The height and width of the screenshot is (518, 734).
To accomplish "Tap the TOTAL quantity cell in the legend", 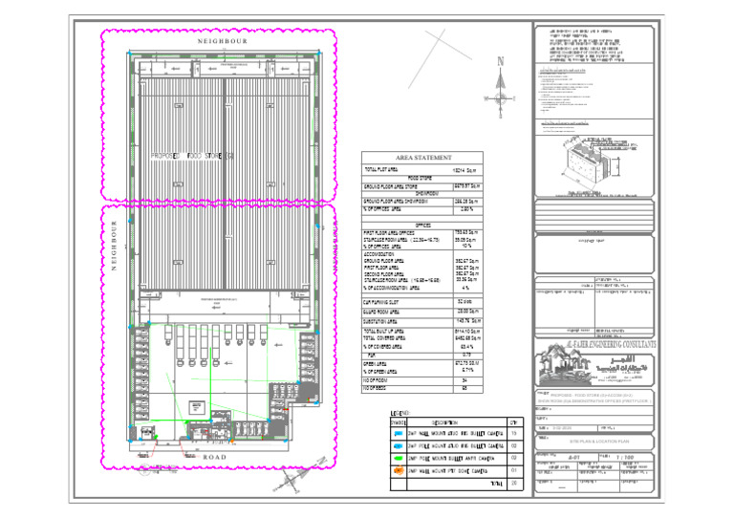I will (514, 485).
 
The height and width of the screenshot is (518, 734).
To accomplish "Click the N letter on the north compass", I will (501, 62).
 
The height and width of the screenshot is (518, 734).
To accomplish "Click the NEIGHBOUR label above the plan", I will (222, 42).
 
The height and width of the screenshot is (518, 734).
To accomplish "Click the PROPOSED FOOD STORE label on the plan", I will (192, 154).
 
